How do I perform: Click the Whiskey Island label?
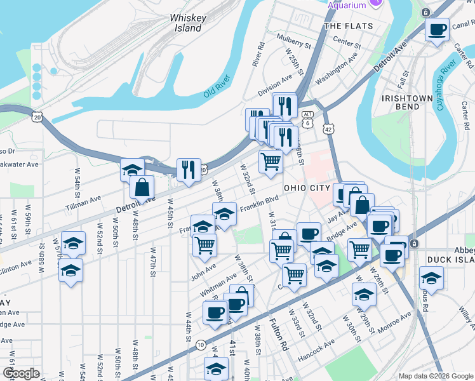(x=187, y=23)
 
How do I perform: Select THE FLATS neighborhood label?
(x=343, y=26)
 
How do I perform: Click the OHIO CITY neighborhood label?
(x=307, y=188)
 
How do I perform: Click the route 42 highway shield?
(x=328, y=128)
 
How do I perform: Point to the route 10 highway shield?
(x=201, y=345)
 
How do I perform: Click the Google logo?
(x=21, y=374)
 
